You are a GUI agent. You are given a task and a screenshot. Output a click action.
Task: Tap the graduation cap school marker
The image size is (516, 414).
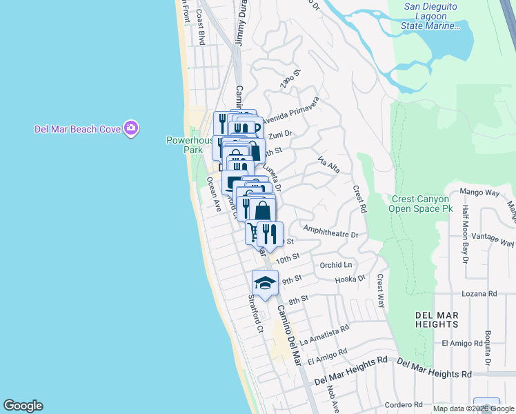click(x=265, y=282)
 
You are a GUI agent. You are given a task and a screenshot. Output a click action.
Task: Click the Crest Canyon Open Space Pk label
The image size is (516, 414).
click(x=420, y=203)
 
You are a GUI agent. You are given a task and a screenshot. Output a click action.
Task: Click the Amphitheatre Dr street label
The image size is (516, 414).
click(x=330, y=234)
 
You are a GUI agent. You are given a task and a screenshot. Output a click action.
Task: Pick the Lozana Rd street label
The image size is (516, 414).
click(x=480, y=294)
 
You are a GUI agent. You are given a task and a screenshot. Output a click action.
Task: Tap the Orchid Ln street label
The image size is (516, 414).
click(x=336, y=265)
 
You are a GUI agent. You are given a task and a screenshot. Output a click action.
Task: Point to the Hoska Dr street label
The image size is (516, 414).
click(x=350, y=279)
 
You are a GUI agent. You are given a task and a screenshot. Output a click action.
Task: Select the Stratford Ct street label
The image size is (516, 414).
click(x=255, y=315)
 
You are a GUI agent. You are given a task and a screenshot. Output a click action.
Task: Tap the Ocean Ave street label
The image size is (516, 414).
click(x=213, y=194)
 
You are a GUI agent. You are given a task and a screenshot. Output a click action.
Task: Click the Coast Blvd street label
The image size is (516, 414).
click(x=201, y=27)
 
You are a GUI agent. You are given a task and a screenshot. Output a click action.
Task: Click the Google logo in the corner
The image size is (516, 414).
click(x=23, y=406)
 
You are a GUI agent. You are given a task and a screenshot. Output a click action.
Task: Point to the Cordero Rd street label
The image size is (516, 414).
click(x=404, y=405)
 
